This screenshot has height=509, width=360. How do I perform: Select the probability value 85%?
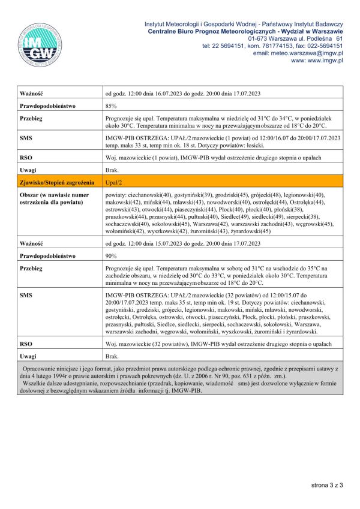[x=111, y=106]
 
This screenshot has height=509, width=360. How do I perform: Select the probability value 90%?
[x=111, y=255]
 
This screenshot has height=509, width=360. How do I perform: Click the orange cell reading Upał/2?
[x=115, y=182]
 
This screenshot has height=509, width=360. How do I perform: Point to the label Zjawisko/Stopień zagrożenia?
[x=56, y=182]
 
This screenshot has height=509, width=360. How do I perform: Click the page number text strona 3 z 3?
[x=326, y=484]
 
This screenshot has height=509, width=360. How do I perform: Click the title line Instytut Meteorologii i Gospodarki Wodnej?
[x=244, y=23]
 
